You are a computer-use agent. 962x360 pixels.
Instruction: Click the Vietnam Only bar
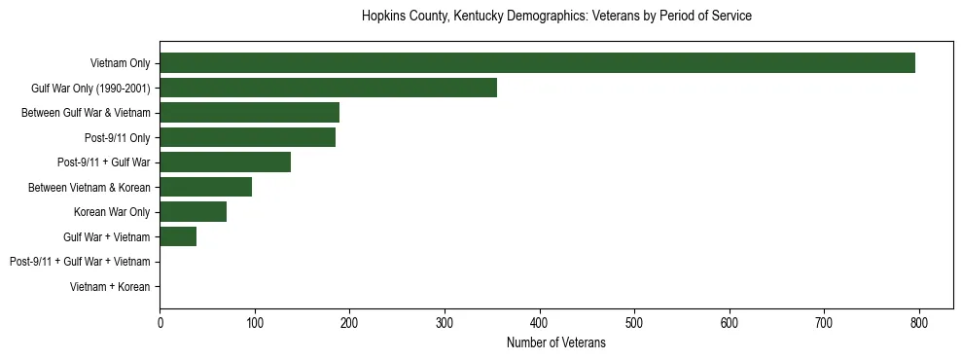coord(537,63)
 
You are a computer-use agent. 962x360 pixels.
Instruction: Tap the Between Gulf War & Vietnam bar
coord(249,112)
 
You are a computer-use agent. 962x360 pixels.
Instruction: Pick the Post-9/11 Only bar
coord(247,137)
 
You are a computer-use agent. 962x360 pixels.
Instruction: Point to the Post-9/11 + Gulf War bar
coord(225,162)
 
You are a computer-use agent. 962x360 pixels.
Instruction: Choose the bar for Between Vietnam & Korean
coord(205,187)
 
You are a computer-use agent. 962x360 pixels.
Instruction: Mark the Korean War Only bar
coord(193,211)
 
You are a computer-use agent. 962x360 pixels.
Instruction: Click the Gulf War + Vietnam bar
coord(178,236)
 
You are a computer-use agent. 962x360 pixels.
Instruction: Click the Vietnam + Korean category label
coord(110,287)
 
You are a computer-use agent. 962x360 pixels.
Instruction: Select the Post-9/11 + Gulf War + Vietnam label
coord(80,262)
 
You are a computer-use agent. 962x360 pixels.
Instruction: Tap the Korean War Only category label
coord(112,212)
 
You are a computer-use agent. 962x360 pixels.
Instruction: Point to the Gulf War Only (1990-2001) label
coord(90,89)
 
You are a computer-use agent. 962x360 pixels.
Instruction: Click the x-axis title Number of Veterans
coord(555,342)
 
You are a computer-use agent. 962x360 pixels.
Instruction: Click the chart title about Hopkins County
coord(555,17)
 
